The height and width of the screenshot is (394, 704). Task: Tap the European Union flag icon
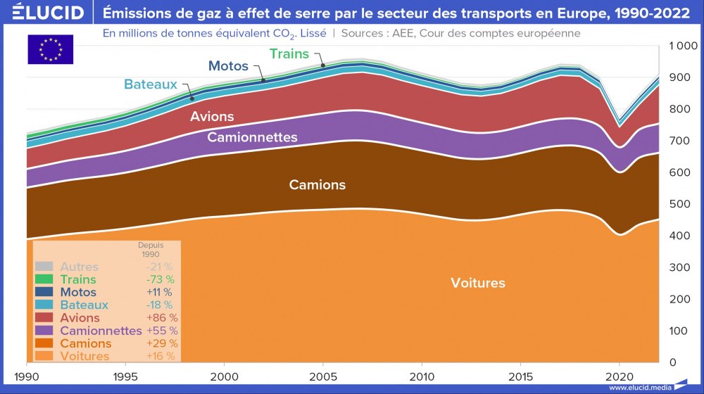coord(50,49)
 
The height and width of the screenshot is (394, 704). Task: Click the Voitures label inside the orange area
coord(478,284)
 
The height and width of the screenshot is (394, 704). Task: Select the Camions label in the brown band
coord(318,185)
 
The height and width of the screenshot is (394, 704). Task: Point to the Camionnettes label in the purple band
coord(252,137)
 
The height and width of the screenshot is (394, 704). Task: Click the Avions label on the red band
coord(212,116)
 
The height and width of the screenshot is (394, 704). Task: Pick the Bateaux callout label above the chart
coord(151,84)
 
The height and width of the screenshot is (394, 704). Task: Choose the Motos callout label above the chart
coord(228,66)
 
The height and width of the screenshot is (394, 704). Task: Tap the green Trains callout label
coord(289,53)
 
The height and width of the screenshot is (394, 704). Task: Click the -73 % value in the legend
coord(159,280)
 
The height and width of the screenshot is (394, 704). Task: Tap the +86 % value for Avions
coord(161,318)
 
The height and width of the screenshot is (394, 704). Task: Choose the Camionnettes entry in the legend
coord(101,331)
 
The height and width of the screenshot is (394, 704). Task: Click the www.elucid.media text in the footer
coord(640,388)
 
